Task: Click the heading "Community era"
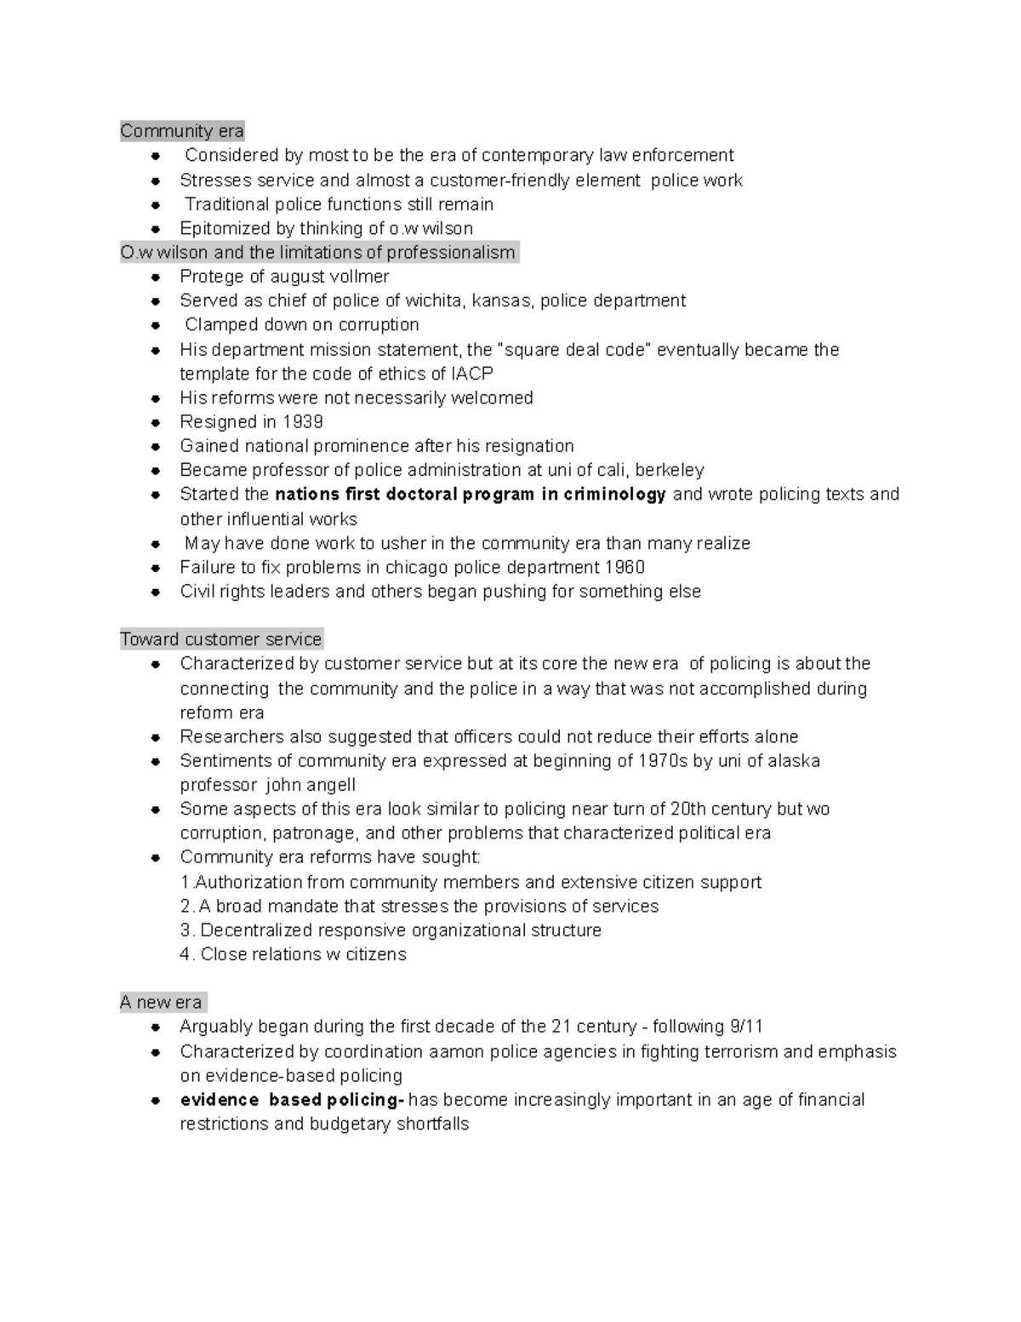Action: click(182, 131)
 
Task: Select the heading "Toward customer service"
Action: click(221, 639)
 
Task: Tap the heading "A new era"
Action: click(161, 1002)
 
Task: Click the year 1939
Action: click(302, 422)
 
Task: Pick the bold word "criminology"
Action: click(615, 495)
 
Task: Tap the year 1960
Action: click(625, 568)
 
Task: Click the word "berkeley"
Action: click(670, 471)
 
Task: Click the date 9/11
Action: click(741, 1027)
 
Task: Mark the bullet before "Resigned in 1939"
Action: click(156, 422)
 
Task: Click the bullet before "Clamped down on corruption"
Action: click(156, 325)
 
